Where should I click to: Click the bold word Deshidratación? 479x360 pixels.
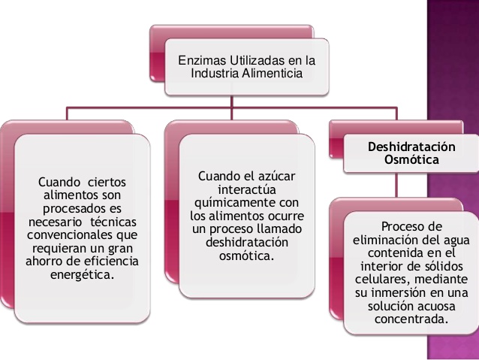(x=406, y=146)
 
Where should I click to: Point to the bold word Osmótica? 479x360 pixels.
(x=406, y=159)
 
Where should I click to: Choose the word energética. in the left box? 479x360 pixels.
(x=83, y=277)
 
